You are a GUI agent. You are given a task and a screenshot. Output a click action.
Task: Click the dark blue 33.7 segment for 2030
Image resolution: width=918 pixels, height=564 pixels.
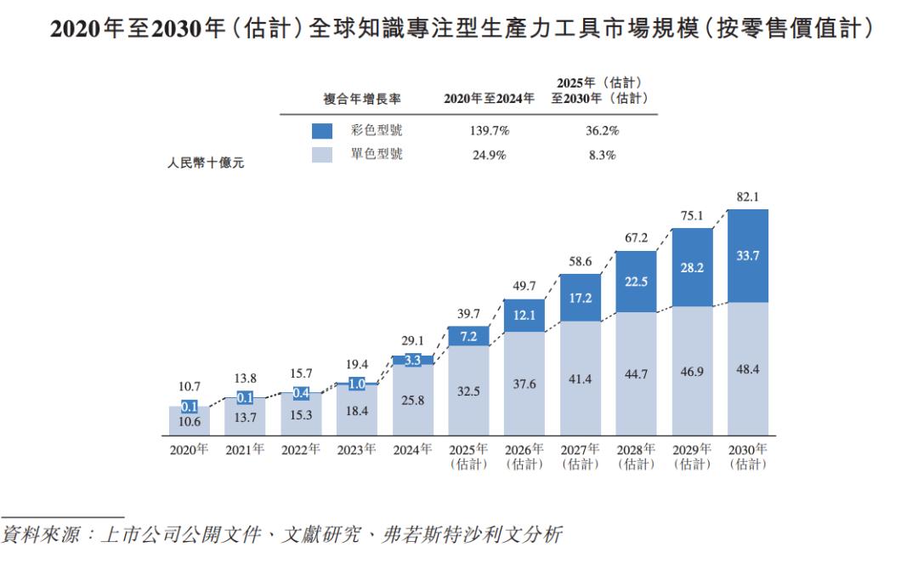(748, 255)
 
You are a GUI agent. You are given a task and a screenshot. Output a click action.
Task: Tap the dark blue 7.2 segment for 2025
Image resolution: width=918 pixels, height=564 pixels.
(468, 336)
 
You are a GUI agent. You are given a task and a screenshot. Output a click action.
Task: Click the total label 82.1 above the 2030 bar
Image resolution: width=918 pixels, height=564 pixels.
(748, 197)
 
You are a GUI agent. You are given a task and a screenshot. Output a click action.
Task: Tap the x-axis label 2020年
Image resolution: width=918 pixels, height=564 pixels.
(190, 450)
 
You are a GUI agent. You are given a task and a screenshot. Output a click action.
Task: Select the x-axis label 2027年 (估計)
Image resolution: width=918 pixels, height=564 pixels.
(581, 457)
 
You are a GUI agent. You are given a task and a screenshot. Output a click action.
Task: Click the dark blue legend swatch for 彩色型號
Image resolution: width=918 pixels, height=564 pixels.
(322, 131)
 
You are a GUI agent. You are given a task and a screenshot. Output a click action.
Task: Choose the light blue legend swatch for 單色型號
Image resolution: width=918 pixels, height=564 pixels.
(322, 155)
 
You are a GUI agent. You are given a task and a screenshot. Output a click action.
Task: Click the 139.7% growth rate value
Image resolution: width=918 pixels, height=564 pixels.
(489, 131)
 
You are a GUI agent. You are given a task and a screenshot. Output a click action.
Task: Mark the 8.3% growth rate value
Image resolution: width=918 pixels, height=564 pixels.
(602, 155)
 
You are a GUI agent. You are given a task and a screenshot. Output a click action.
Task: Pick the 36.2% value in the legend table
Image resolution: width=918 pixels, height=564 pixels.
(602, 131)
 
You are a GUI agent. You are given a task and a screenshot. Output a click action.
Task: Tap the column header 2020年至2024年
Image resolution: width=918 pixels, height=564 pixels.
(489, 99)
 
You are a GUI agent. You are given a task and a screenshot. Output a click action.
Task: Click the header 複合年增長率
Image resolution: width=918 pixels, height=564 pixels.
(362, 99)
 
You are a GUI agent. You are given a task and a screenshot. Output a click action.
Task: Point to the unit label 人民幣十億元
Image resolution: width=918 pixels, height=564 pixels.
(205, 163)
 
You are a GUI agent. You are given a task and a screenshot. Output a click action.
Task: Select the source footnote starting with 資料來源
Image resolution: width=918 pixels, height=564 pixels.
(281, 536)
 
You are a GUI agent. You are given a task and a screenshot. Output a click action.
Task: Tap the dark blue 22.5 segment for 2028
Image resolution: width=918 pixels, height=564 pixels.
(636, 282)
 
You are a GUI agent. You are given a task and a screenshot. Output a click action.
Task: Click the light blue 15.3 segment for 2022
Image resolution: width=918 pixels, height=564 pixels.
(301, 413)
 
